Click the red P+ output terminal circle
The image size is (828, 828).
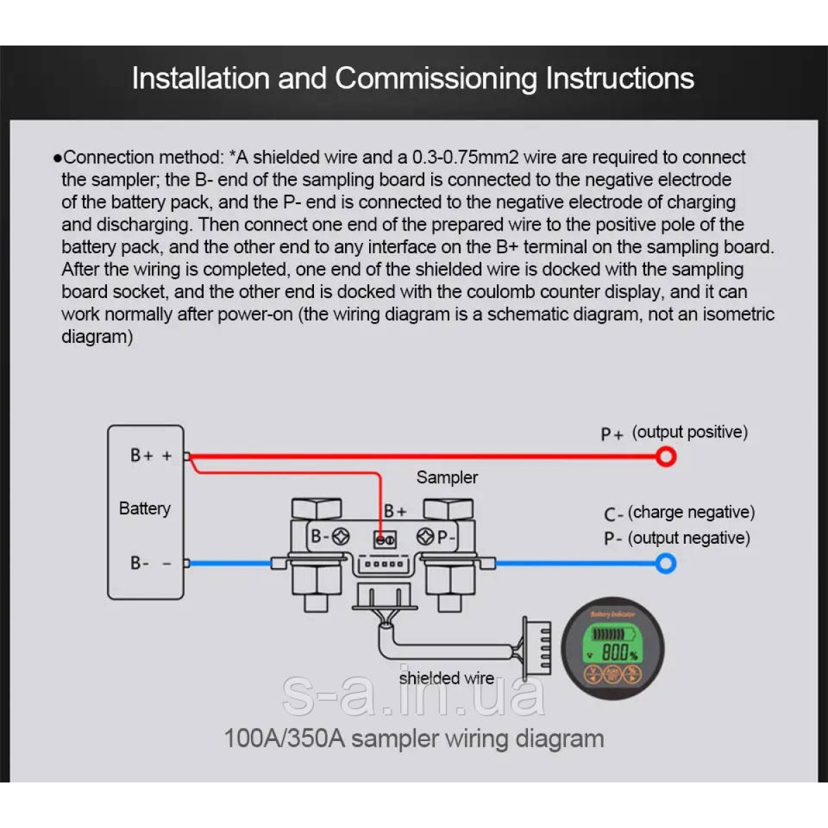pyautogui.click(x=666, y=456)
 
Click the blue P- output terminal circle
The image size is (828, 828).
pyautogui.click(x=666, y=564)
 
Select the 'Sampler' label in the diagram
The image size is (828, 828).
pyautogui.click(x=446, y=477)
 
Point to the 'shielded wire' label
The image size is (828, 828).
pyautogui.click(x=446, y=678)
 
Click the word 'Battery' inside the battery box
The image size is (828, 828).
pyautogui.click(x=144, y=509)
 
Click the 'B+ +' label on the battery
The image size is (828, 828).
pyautogui.click(x=150, y=455)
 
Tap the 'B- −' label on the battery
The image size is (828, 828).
pyautogui.click(x=150, y=563)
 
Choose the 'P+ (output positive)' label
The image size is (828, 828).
pyautogui.click(x=673, y=433)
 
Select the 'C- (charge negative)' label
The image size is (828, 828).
pyautogui.click(x=679, y=513)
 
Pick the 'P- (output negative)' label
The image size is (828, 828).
pyautogui.click(x=677, y=538)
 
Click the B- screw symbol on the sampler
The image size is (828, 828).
pyautogui.click(x=341, y=536)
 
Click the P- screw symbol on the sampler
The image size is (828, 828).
pyautogui.click(x=425, y=536)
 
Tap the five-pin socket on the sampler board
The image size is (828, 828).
pyautogui.click(x=384, y=564)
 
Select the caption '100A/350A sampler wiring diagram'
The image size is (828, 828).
pyautogui.click(x=414, y=738)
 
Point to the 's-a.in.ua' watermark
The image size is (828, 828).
pyautogui.click(x=414, y=696)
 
